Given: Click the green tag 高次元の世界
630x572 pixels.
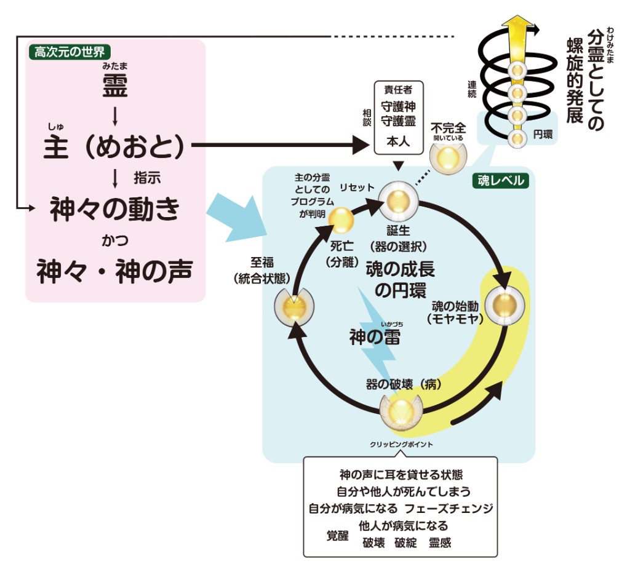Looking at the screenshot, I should tap(70, 52).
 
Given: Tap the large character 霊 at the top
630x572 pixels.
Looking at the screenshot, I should tap(115, 87).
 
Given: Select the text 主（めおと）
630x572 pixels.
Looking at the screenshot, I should tap(114, 147).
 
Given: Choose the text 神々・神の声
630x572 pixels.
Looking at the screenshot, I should tap(114, 270).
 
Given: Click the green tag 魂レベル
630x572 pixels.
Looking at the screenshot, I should tap(501, 180).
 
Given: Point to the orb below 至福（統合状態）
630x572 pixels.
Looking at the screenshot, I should tap(293, 305).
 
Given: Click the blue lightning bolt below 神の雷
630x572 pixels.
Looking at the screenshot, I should tap(376, 357).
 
